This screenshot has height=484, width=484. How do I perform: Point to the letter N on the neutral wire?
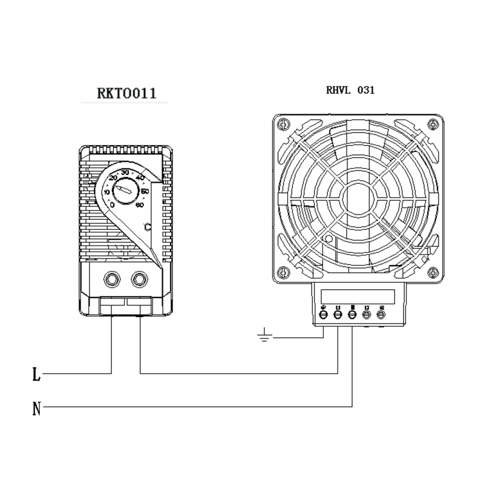click(x=36, y=410)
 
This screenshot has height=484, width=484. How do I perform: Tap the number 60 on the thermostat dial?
click(x=140, y=206)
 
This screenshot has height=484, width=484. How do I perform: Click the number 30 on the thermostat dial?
click(x=125, y=173)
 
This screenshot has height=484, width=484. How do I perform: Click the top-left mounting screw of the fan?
click(x=280, y=125)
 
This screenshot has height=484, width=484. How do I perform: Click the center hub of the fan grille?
click(x=358, y=197)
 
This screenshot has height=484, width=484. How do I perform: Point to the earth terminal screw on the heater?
click(x=323, y=314)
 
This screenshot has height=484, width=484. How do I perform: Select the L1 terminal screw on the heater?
click(x=338, y=314)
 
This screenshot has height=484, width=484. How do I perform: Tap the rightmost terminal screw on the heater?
click(x=381, y=314)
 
